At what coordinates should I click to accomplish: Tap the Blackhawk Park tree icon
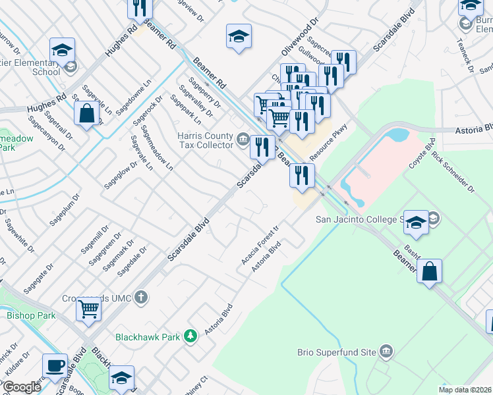(x=190, y=336)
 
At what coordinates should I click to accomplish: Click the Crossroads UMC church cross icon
(x=140, y=298)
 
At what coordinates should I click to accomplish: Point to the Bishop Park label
(x=31, y=315)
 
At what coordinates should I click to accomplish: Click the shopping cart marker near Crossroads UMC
(x=88, y=308)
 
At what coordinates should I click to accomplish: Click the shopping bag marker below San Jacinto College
(x=429, y=271)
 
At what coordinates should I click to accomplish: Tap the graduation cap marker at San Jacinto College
(x=416, y=223)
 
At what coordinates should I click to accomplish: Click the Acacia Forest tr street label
(x=260, y=246)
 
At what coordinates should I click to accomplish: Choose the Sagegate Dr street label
(x=39, y=279)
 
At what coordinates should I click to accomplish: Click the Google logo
(x=22, y=387)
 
